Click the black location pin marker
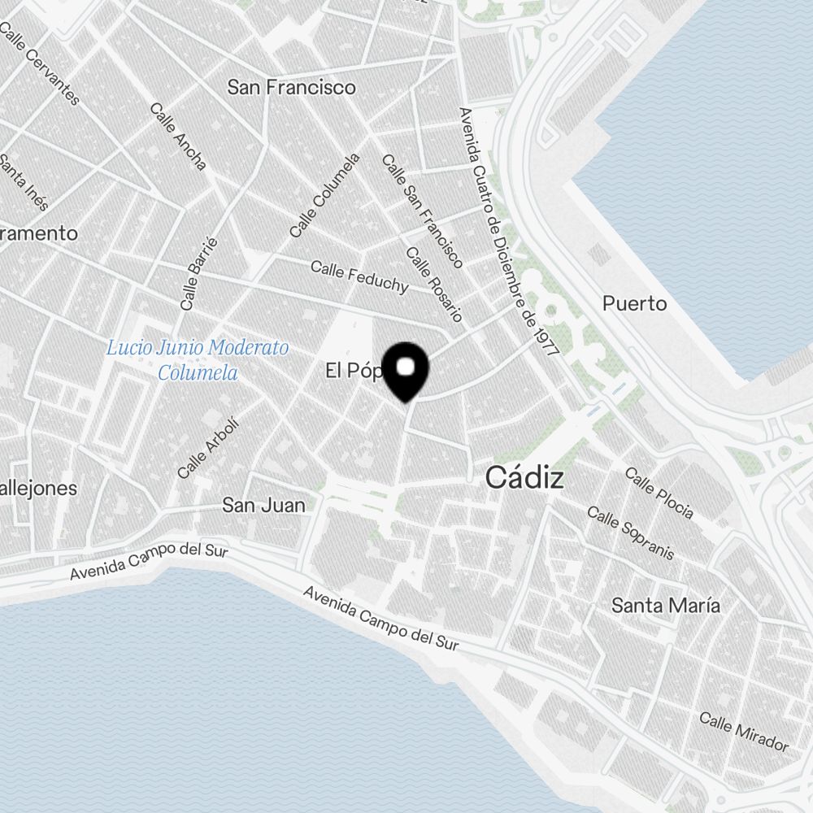point(405,372)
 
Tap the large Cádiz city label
point(524,478)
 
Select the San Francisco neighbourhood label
point(291,87)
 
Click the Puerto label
point(634,304)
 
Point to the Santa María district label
point(665,606)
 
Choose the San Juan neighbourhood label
point(264,505)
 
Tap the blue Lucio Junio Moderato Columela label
point(198,360)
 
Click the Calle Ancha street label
point(178,136)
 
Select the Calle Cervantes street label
point(41,64)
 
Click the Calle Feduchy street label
point(359,276)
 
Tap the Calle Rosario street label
point(434,284)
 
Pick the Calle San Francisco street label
point(422,211)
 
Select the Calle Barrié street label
point(200,273)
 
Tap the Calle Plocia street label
point(659,493)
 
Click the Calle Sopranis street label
point(630,533)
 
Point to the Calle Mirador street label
point(744,732)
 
